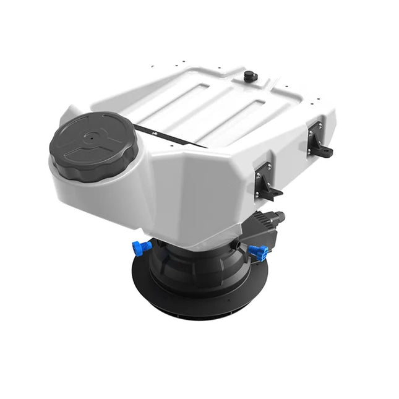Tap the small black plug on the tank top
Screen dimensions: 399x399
250,76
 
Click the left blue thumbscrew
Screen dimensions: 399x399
142,247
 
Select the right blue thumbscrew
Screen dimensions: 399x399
259,252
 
